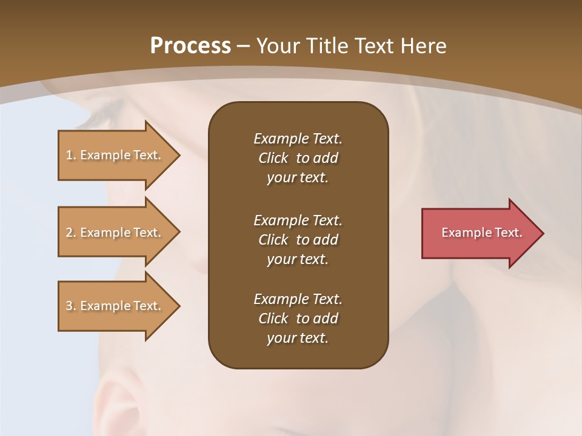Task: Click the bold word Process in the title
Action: (x=190, y=46)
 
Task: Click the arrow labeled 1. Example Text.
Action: (x=115, y=155)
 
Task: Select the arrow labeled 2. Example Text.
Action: (x=115, y=233)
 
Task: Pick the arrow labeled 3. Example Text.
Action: (x=115, y=306)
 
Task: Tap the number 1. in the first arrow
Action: (x=71, y=155)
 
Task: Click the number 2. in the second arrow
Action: (x=71, y=233)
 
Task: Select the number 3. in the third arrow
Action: (x=71, y=306)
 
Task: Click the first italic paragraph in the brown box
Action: (x=298, y=158)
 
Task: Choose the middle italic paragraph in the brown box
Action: (x=298, y=240)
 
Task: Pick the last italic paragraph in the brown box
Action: (x=298, y=319)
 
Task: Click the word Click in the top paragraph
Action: (x=273, y=158)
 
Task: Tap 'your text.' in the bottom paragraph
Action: (x=298, y=338)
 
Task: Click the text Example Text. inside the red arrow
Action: (x=481, y=233)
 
